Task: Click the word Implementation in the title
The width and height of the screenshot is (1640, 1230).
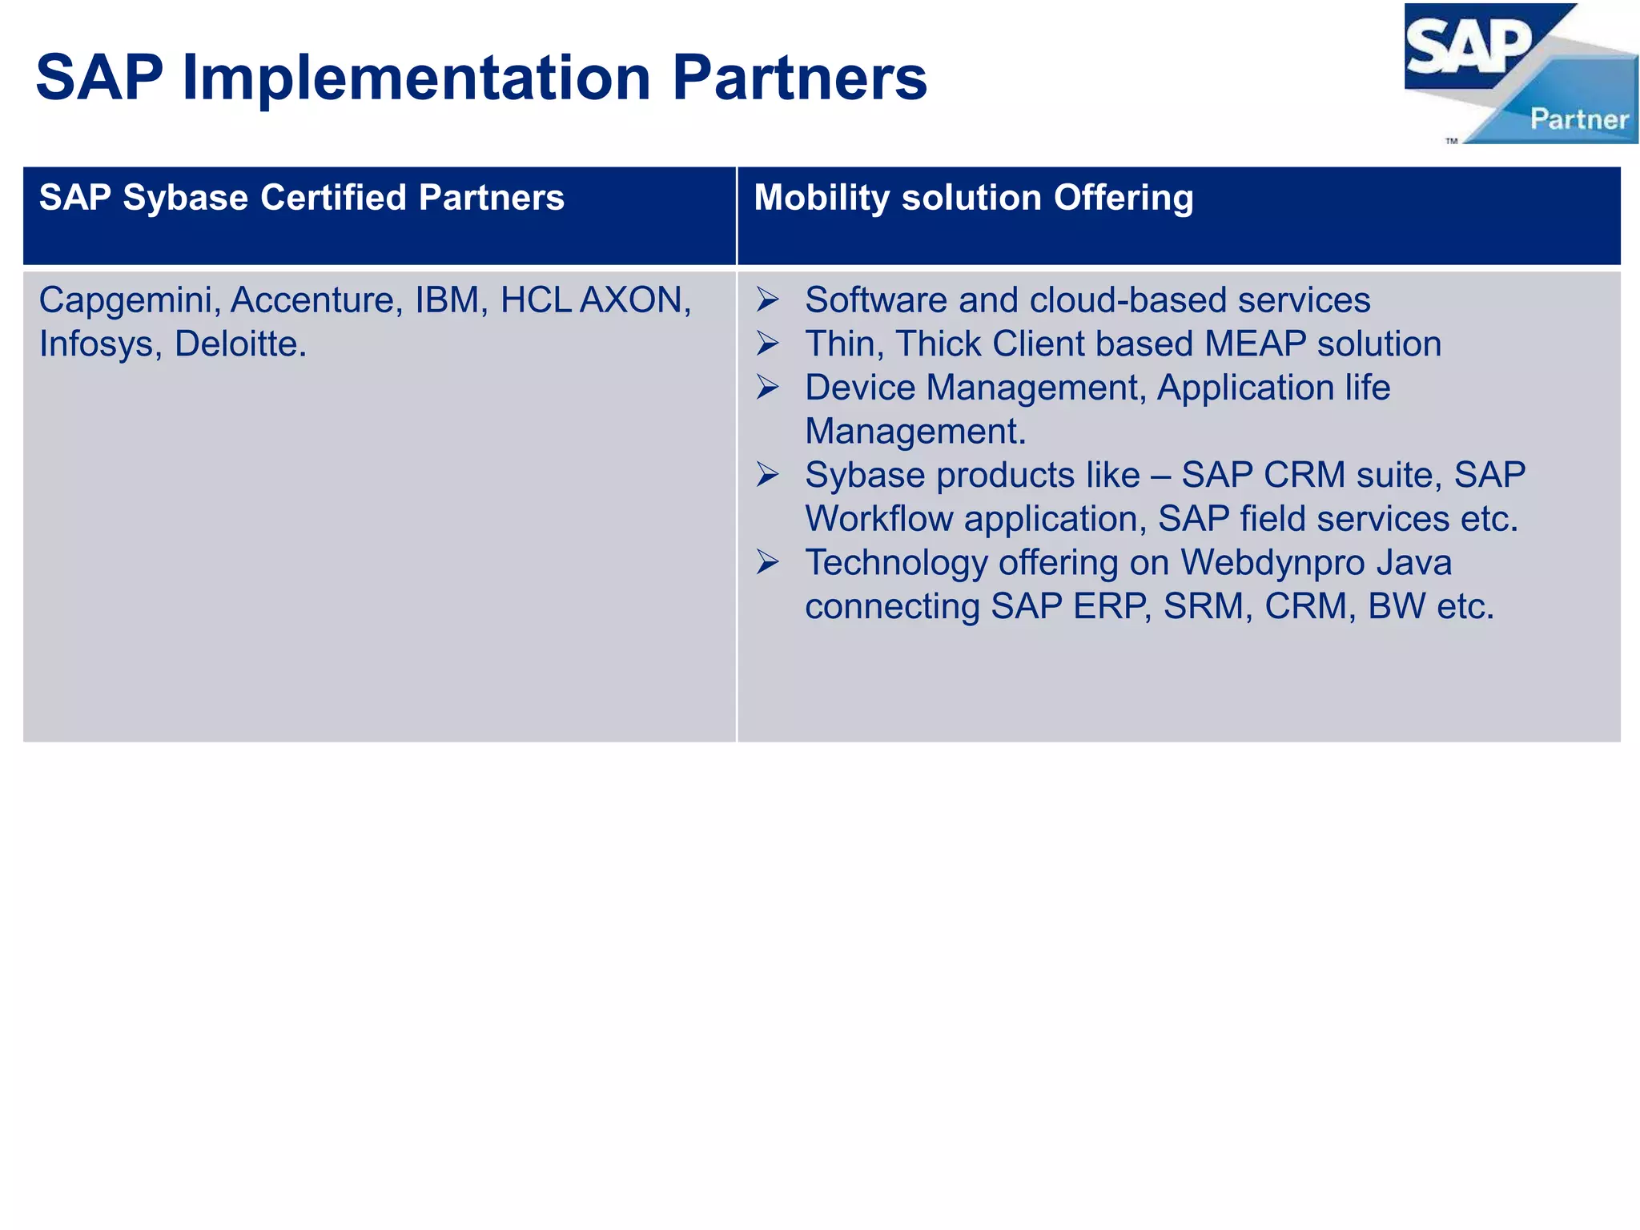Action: (416, 78)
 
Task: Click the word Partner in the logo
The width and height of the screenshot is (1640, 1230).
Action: (1579, 120)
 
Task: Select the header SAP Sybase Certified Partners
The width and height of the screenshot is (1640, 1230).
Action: (301, 198)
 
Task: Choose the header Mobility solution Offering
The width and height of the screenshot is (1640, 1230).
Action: (973, 198)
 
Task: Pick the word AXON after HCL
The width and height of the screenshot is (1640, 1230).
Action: (635, 301)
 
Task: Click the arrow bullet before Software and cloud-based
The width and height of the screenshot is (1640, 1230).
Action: (767, 301)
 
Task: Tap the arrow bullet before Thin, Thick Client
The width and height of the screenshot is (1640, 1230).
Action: (767, 344)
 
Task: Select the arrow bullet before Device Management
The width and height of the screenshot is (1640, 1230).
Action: (767, 388)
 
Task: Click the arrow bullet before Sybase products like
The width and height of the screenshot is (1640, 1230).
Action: (767, 476)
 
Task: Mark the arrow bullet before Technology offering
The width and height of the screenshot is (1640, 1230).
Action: (767, 563)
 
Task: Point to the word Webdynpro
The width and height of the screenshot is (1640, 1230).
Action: (1272, 563)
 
